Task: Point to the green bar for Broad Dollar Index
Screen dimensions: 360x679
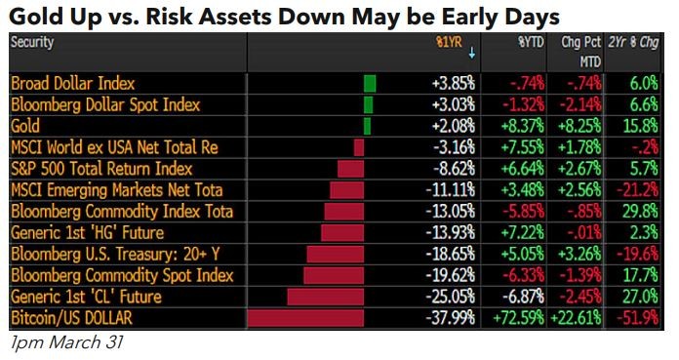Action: [x=370, y=84]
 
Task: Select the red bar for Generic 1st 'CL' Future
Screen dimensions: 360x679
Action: [x=325, y=297]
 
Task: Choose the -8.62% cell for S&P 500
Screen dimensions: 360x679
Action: [x=456, y=169]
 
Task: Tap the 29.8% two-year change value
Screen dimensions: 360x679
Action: [x=641, y=212]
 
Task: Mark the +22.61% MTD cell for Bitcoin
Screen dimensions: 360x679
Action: [x=578, y=318]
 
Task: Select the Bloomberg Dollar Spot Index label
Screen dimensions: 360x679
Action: [x=105, y=104]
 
